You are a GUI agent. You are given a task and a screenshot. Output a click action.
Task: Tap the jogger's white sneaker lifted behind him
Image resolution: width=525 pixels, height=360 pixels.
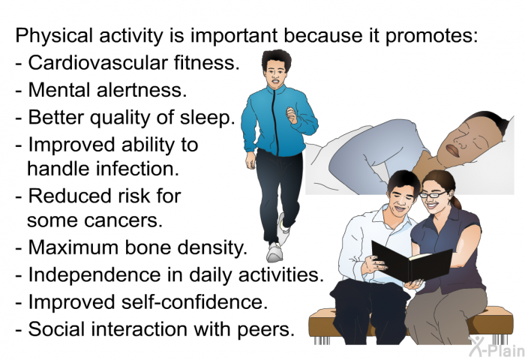283,226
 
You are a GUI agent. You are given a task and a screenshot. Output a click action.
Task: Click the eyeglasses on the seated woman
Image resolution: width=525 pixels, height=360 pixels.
433,194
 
